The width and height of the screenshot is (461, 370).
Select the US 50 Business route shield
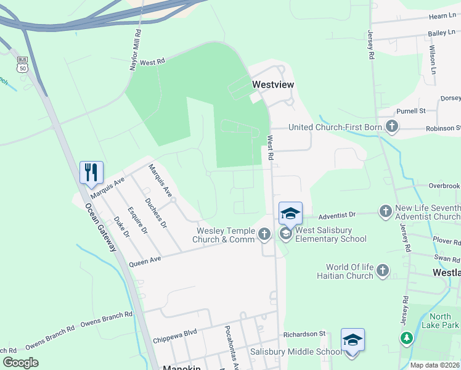click(x=23, y=64)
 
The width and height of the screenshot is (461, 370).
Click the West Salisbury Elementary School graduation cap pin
click(x=290, y=214)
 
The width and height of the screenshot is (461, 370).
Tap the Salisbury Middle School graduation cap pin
click(x=352, y=340)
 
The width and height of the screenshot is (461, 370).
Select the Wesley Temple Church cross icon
click(x=264, y=234)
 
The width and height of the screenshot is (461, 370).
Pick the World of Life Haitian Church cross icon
click(x=383, y=271)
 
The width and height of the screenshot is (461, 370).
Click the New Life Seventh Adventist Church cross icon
click(x=385, y=212)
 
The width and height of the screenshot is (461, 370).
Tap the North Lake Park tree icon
click(x=406, y=338)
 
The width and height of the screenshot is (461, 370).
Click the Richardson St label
click(x=304, y=334)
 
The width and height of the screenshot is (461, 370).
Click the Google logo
click(x=21, y=363)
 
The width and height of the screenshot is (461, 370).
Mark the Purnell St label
click(x=411, y=111)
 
